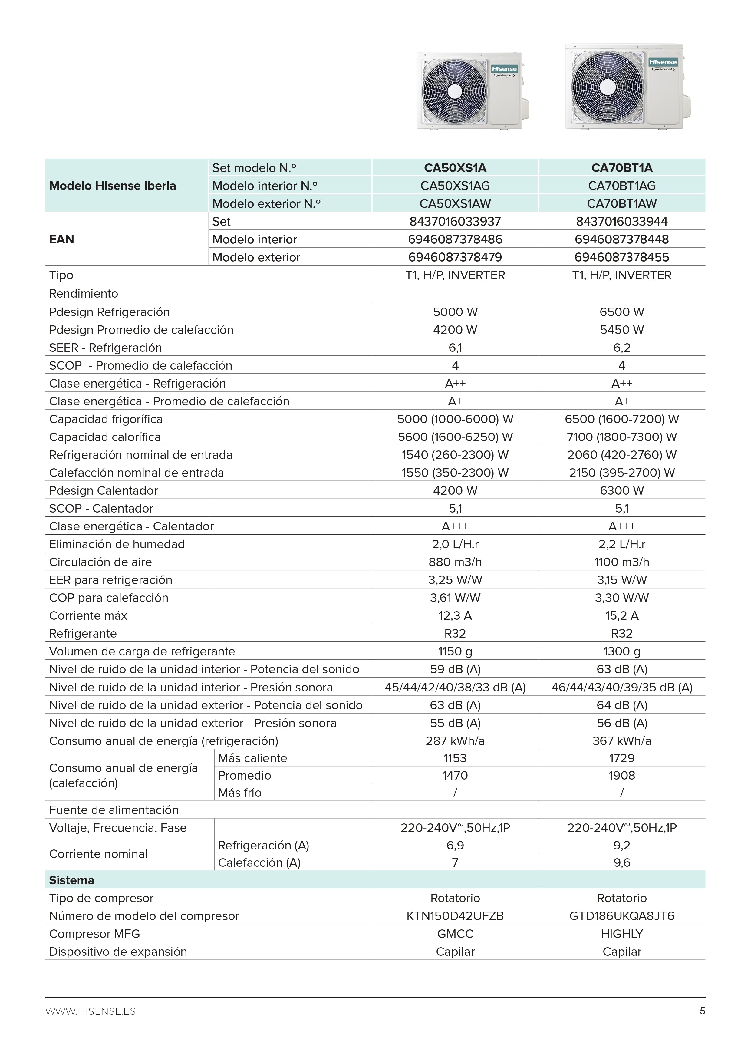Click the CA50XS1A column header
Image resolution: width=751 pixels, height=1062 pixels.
click(x=455, y=168)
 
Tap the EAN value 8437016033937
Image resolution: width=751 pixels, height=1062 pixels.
click(x=455, y=222)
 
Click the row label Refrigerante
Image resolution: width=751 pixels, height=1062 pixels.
click(x=83, y=634)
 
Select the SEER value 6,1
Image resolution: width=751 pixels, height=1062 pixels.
click(x=455, y=348)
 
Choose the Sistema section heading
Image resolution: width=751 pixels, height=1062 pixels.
click(x=72, y=880)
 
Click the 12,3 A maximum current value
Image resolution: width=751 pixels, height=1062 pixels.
click(x=455, y=616)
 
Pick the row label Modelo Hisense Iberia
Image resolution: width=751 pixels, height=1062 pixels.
click(x=112, y=186)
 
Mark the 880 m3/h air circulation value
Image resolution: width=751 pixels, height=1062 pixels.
click(x=455, y=562)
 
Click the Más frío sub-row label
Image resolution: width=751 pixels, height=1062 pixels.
click(x=239, y=793)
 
